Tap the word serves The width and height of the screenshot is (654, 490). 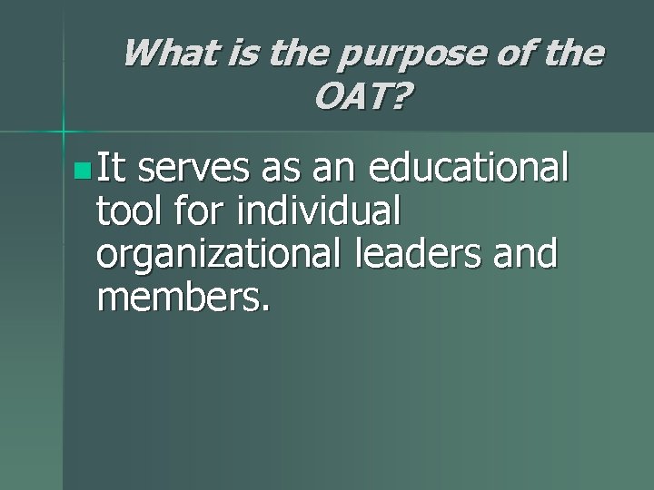[x=199, y=170]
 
